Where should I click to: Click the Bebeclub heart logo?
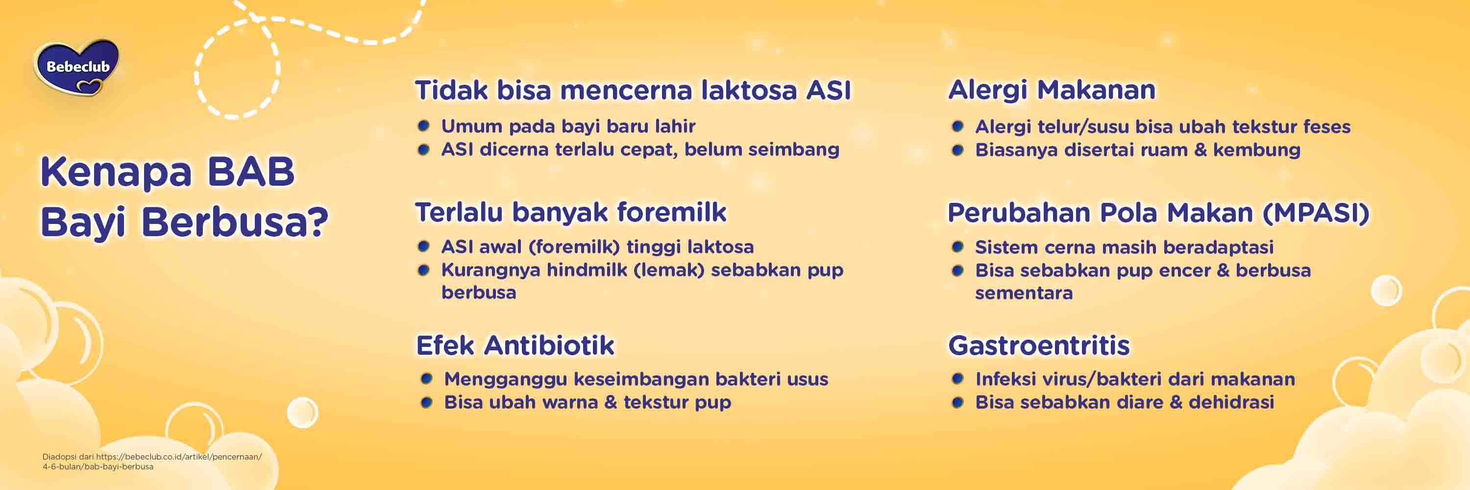(x=77, y=67)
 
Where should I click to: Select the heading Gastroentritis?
(x=1039, y=345)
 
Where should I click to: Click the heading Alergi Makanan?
(x=1051, y=90)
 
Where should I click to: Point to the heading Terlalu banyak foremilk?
(x=571, y=212)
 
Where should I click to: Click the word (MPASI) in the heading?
(x=1315, y=213)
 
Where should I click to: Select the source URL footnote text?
(x=152, y=462)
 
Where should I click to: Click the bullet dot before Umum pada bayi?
(x=423, y=125)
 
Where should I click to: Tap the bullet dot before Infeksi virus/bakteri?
(x=957, y=379)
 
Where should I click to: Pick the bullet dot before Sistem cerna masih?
(x=957, y=247)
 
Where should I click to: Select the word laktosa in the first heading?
(x=748, y=90)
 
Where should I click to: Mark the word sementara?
(x=1023, y=293)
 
